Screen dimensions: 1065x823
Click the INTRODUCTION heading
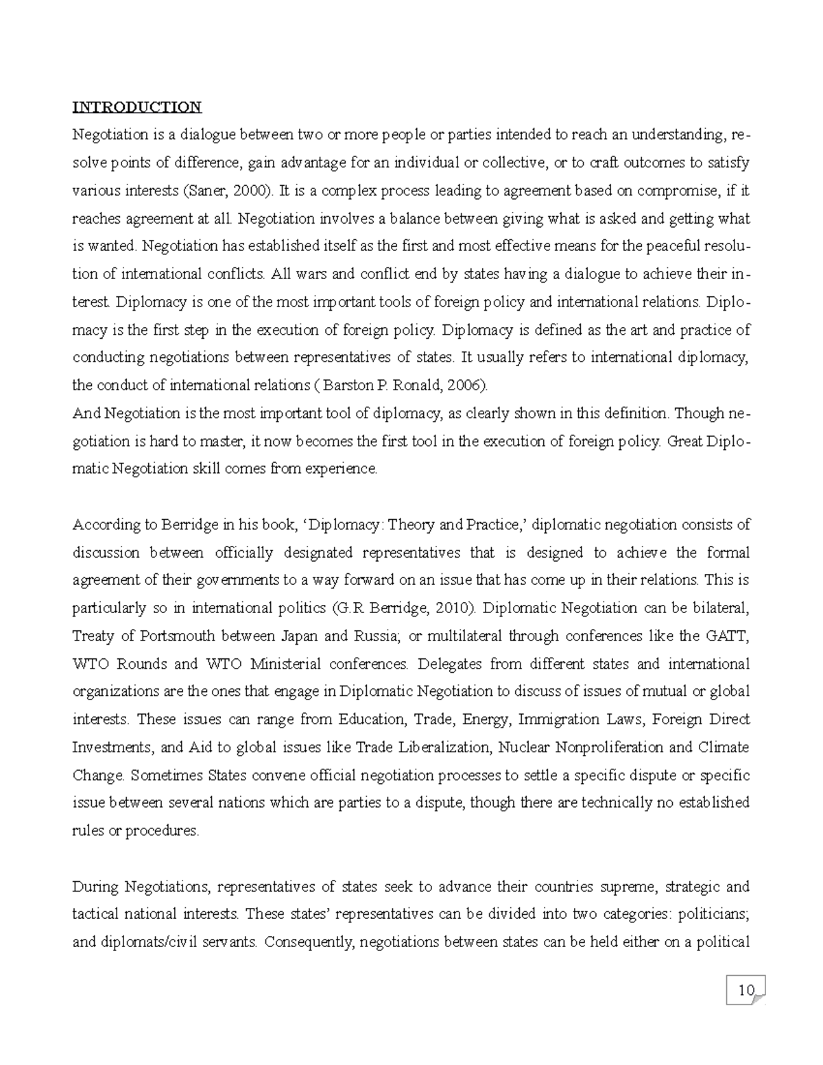[137, 107]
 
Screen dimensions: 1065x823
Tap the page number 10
[746, 990]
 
